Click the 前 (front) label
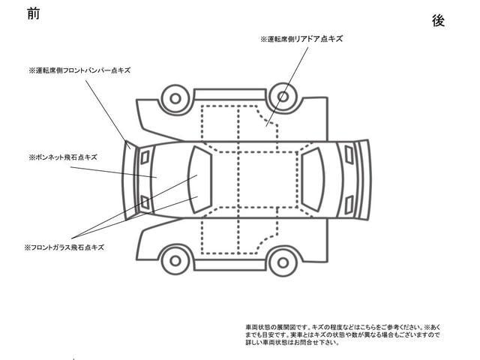click(x=33, y=13)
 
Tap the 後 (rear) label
click(x=438, y=21)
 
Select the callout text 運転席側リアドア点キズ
click(x=301, y=39)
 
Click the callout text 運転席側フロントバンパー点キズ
click(x=80, y=70)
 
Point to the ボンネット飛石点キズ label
click(x=63, y=157)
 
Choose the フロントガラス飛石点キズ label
click(x=64, y=247)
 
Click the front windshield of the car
click(x=200, y=180)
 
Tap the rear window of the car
click(x=312, y=180)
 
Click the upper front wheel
click(x=175, y=98)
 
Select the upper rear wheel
click(x=283, y=97)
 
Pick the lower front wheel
click(x=175, y=261)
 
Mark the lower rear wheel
click(x=283, y=262)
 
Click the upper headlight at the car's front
click(x=145, y=157)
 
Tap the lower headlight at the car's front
click(x=145, y=202)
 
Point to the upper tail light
click(x=349, y=154)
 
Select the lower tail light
click(x=349, y=205)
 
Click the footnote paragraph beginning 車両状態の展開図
click(x=343, y=335)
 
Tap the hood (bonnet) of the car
click(x=168, y=180)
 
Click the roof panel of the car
click(x=256, y=180)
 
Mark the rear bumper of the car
click(x=364, y=180)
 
